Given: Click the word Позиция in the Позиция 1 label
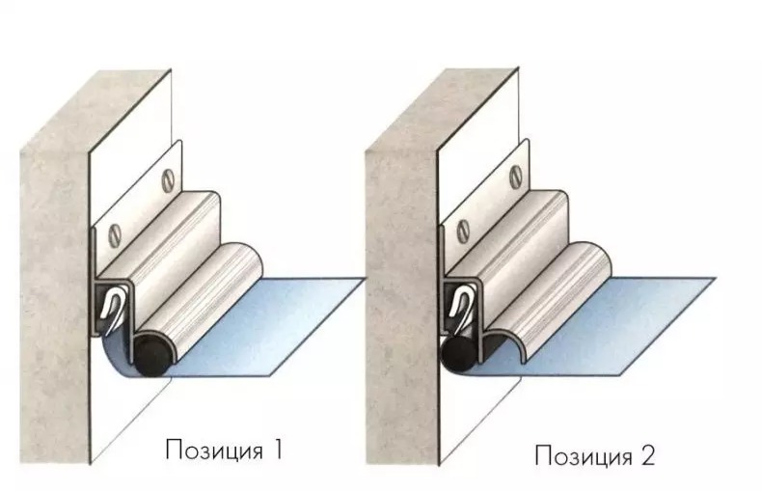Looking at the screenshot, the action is click(214, 450).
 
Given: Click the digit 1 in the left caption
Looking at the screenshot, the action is click(277, 449).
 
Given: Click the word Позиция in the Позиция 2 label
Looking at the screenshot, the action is click(584, 456).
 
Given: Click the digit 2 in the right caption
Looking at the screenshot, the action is click(647, 455).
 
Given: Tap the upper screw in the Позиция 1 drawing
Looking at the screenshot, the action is click(169, 179).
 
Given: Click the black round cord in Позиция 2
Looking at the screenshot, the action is click(459, 353).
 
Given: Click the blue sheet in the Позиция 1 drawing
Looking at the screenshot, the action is click(253, 331).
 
